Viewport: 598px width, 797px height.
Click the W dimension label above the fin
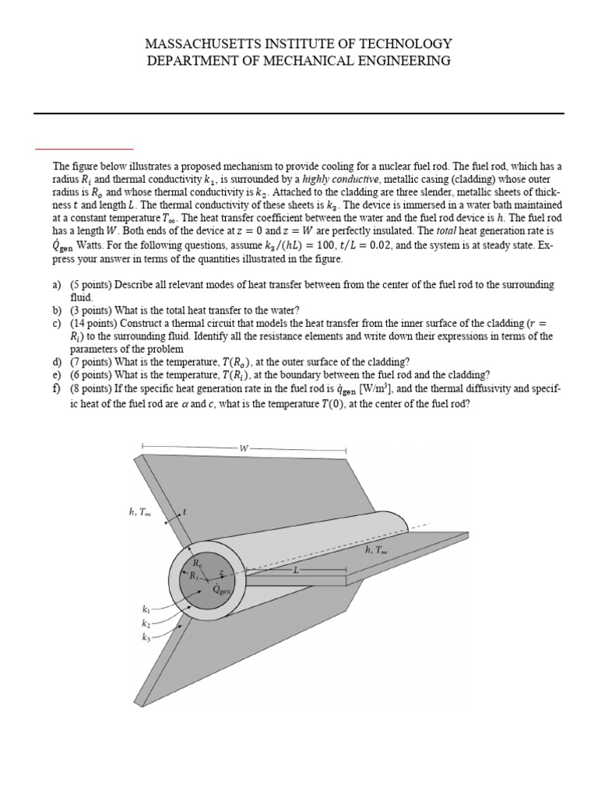(244, 449)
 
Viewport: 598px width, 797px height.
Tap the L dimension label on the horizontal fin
(296, 570)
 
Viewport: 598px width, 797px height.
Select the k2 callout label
(146, 624)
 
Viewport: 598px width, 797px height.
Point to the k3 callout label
(146, 637)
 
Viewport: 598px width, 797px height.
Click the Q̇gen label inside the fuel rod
(222, 591)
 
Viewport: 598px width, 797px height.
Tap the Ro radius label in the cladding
(197, 562)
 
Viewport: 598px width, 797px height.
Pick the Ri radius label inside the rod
(193, 576)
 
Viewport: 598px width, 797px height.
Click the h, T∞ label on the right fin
(376, 549)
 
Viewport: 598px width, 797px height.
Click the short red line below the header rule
(84, 147)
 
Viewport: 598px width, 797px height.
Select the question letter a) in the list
(57, 286)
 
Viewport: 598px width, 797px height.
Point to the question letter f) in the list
(57, 387)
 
